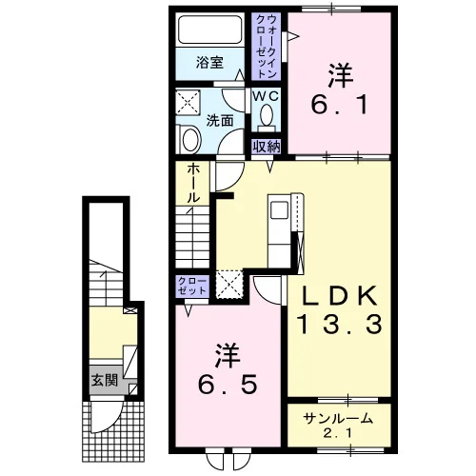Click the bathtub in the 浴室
(209, 30)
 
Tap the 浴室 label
(209, 63)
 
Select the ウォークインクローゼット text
(267, 47)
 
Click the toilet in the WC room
(267, 117)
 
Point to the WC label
(266, 96)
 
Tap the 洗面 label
(220, 121)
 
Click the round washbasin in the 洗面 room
(191, 140)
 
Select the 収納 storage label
(267, 147)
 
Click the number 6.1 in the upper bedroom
(340, 105)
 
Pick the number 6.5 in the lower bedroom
(228, 385)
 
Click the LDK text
(340, 296)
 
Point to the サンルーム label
(338, 419)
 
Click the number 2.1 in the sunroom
(338, 433)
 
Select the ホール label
(193, 184)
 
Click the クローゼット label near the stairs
(192, 286)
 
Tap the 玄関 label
(105, 380)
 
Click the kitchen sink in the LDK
(279, 210)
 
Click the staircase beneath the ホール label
(192, 237)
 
